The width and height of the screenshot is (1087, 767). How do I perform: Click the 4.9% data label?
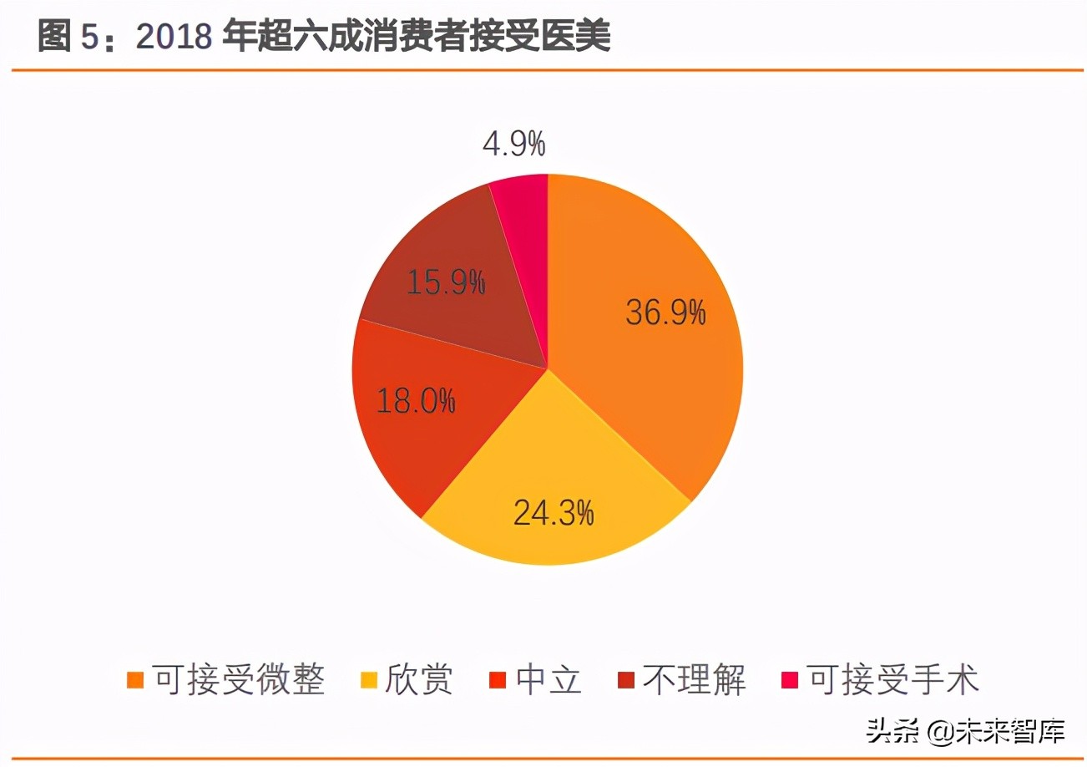point(514,144)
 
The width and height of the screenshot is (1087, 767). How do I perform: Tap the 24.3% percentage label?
point(554,511)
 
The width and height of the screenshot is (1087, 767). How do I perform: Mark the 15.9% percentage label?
point(446,282)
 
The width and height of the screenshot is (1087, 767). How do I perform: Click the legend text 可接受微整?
point(238,679)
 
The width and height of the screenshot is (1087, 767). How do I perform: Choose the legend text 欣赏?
point(418,679)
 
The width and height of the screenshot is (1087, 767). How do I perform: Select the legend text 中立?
point(549,679)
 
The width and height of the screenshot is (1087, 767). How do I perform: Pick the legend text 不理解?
point(694,679)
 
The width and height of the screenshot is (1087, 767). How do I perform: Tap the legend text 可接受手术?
point(892,679)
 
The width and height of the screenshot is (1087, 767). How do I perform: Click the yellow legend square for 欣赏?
point(367,679)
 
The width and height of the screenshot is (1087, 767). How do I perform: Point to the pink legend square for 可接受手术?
point(788,679)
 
